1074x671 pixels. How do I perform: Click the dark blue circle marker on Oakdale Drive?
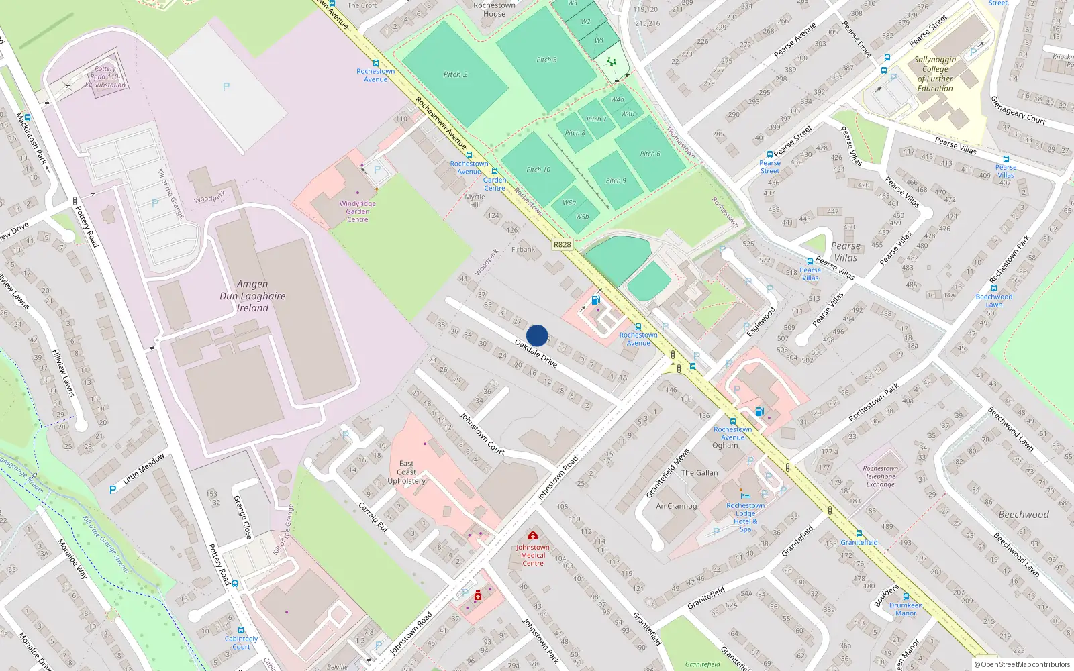click(x=537, y=335)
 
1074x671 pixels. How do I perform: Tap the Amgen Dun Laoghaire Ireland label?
click(x=252, y=296)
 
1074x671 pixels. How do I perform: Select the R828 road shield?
click(x=562, y=245)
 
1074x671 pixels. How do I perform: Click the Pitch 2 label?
click(x=455, y=74)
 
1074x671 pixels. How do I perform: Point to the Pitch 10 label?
click(x=538, y=170)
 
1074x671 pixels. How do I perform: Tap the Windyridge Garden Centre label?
click(x=357, y=211)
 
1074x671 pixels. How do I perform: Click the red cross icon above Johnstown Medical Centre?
click(x=533, y=535)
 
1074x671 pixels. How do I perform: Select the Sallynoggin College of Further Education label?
click(x=935, y=74)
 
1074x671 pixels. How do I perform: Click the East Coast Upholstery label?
click(x=406, y=472)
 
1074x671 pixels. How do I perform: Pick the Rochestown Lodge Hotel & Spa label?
click(x=745, y=517)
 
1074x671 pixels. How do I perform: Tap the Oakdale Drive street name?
click(x=536, y=353)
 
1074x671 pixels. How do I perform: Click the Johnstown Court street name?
click(x=482, y=433)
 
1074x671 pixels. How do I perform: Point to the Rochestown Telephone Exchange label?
click(x=880, y=476)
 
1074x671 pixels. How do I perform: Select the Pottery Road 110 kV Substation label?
click(x=105, y=77)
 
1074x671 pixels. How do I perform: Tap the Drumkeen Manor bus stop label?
click(x=906, y=609)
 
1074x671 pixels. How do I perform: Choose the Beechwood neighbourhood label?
click(x=1023, y=515)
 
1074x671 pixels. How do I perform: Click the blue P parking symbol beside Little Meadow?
click(x=113, y=490)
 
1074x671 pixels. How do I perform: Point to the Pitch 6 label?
click(x=649, y=154)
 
